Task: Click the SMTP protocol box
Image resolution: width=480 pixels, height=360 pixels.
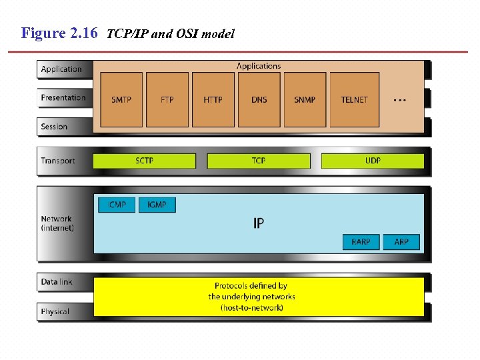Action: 121,100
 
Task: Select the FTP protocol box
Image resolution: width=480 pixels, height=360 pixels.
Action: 167,100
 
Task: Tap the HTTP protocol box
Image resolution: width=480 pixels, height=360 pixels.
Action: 213,100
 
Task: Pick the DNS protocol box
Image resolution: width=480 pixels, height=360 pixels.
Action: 259,100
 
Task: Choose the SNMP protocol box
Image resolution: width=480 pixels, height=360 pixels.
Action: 305,100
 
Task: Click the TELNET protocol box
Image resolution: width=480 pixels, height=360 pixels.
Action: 354,100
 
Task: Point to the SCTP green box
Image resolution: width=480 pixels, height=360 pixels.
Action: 145,161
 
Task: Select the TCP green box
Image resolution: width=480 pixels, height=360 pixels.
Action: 259,161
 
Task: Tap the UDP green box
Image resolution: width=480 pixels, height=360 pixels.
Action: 373,161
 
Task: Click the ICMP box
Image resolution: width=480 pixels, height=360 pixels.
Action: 117,205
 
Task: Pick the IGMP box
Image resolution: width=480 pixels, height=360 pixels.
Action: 157,205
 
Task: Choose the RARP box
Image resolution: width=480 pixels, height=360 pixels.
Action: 361,241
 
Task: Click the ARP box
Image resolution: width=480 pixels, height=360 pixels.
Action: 401,241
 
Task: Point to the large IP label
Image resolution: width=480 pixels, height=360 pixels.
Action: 259,223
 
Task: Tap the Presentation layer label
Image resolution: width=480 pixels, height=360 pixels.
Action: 63,97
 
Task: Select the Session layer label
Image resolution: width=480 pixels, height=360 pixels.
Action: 54,127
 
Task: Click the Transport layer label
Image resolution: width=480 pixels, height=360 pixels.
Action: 58,161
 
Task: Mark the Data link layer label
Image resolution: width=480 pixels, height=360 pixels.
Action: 57,282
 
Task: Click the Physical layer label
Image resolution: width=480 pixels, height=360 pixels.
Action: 55,311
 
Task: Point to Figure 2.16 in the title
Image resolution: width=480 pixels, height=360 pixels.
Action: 60,33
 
